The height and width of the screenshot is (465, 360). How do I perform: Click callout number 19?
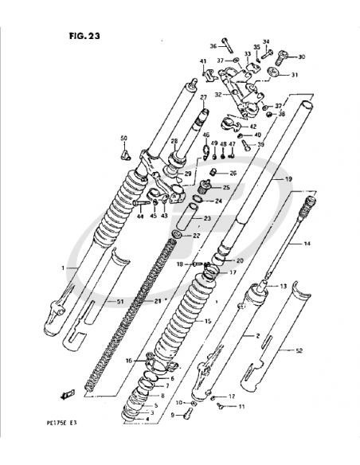coord(289,180)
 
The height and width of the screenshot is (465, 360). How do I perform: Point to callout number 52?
coord(299,351)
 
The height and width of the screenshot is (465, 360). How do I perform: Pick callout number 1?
coord(63,269)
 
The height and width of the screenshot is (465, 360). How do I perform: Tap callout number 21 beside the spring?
coord(158,300)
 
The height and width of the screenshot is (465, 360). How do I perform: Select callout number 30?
coord(301,57)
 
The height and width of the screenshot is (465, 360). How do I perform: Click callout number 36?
coord(213,45)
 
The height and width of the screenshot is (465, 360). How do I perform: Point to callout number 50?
coord(123,139)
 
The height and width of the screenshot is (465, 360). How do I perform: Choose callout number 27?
coord(203,98)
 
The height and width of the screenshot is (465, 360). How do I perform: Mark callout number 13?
coord(281,285)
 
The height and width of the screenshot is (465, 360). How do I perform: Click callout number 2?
coord(258,337)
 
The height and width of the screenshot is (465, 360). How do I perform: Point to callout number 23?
coord(208,218)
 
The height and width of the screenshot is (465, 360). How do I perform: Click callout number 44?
coord(139,216)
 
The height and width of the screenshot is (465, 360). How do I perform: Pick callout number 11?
coord(242,406)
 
